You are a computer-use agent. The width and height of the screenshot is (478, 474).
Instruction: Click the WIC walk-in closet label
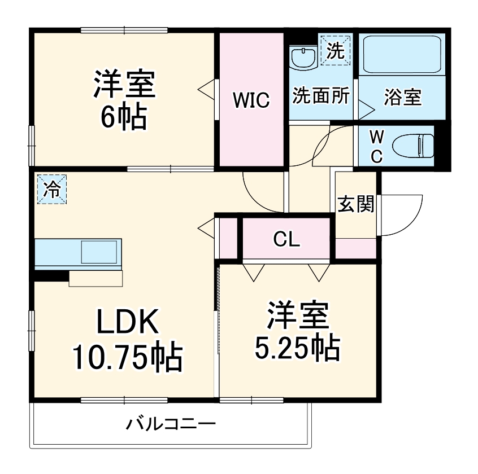[251, 100]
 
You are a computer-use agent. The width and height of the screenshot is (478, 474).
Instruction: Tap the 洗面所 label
[320, 96]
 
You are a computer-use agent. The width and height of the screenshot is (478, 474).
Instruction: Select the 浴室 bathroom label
[402, 97]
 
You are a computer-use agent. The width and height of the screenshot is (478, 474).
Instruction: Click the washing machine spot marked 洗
[336, 50]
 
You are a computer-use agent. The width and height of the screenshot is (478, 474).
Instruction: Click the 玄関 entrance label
[356, 204]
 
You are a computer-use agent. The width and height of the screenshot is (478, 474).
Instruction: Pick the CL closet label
[286, 239]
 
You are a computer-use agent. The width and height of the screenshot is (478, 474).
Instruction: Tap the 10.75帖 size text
[127, 357]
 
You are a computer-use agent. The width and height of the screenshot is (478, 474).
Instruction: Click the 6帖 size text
[124, 117]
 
